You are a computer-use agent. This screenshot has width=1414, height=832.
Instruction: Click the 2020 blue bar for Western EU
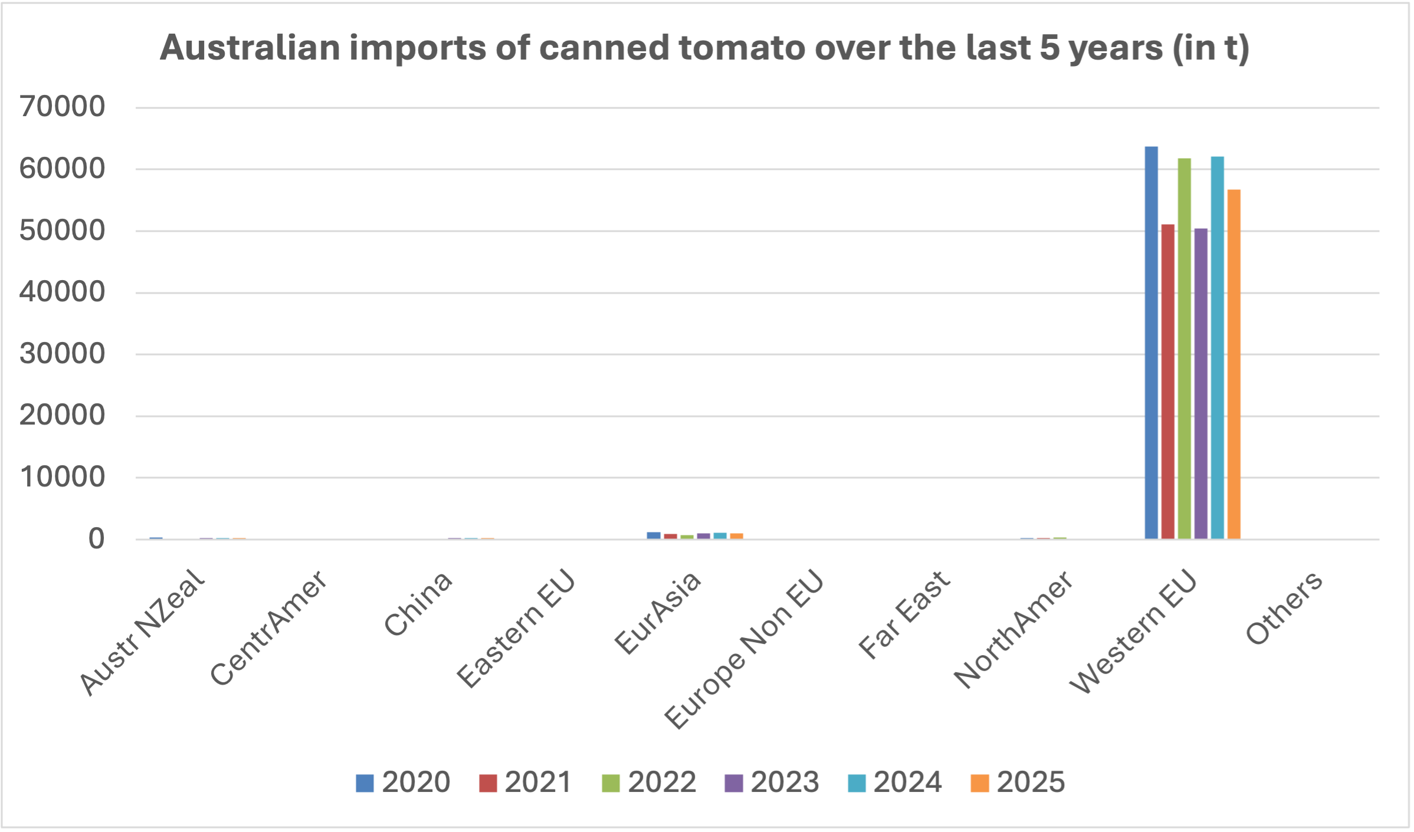tap(1151, 342)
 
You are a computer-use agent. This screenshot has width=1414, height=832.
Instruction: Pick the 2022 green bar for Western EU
tap(1184, 348)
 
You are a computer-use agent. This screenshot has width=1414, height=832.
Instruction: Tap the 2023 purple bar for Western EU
tap(1200, 383)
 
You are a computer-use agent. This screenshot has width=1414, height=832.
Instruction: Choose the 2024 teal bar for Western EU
tap(1217, 347)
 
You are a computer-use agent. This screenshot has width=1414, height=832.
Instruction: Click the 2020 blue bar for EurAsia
tap(654, 535)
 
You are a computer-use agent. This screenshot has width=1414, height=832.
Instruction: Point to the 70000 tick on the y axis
tap(62, 107)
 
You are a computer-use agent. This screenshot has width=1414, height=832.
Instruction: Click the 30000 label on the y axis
tap(62, 354)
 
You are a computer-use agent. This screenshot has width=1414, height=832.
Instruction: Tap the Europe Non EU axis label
tap(743, 649)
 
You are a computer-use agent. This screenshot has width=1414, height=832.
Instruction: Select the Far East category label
tap(904, 613)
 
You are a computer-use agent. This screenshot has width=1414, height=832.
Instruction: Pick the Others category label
tap(1284, 607)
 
